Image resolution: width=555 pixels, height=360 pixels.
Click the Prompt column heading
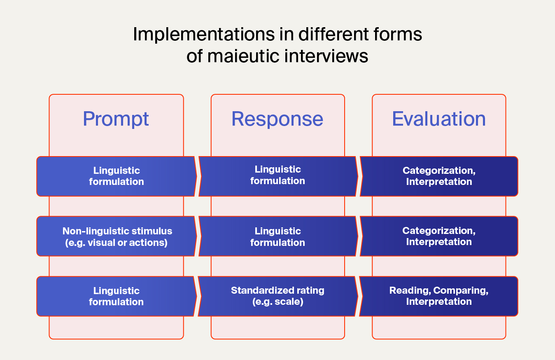(x=116, y=119)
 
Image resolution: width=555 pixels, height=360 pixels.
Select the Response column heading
(x=277, y=119)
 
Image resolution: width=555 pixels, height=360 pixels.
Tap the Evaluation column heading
(x=439, y=119)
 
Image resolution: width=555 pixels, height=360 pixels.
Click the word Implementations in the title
(x=204, y=34)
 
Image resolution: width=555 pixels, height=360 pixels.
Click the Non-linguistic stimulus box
(x=117, y=236)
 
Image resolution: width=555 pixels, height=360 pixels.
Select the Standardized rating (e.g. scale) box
(x=278, y=296)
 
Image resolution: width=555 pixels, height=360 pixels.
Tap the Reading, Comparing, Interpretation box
(x=438, y=296)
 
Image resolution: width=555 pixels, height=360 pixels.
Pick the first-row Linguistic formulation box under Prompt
(x=117, y=176)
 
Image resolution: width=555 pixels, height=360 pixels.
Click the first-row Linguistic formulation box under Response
(x=278, y=176)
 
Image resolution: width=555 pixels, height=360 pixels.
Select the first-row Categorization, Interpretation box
(x=439, y=176)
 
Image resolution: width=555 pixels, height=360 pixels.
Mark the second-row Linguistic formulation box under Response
(x=278, y=236)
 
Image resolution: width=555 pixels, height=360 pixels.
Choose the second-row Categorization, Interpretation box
(x=439, y=236)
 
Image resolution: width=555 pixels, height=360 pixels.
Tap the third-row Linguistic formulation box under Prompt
(x=117, y=296)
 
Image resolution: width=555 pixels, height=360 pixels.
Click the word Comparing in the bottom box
(x=461, y=290)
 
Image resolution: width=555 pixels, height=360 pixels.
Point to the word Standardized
(x=257, y=290)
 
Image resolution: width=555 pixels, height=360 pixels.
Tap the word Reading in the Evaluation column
(x=410, y=290)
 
